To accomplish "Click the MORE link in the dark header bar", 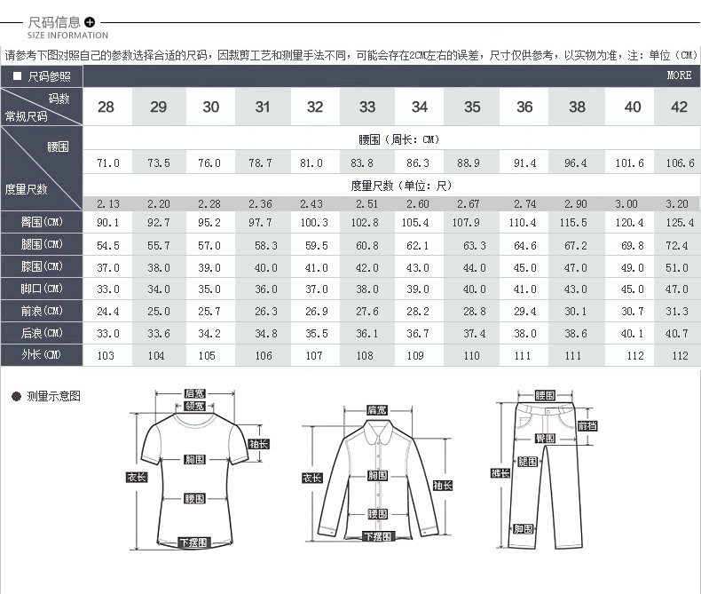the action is (x=679, y=75).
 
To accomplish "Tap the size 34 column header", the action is (x=419, y=107).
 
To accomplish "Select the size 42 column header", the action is (x=680, y=107).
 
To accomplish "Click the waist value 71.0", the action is (x=107, y=163).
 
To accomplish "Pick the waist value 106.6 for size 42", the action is (x=680, y=163).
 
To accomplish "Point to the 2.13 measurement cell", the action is (x=107, y=203).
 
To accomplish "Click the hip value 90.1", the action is (x=107, y=222).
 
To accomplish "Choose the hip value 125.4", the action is (x=680, y=222).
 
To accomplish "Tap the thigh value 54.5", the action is (x=107, y=244).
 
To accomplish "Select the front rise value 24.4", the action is (x=107, y=311).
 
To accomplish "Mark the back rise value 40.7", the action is (x=680, y=333).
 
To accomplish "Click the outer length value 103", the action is (x=107, y=355).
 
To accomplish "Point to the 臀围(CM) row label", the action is (x=43, y=222).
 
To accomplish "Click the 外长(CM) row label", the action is (x=43, y=355).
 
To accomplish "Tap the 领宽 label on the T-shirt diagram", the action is (x=194, y=406).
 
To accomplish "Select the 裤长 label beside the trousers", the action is (x=500, y=473).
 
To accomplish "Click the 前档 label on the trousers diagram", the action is (x=587, y=425).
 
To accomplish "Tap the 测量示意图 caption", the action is (x=54, y=396).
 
